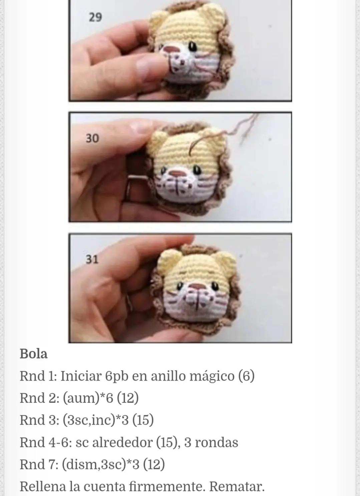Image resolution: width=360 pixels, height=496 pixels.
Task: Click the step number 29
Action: [95, 17]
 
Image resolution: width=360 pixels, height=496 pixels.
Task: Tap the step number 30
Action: [92, 138]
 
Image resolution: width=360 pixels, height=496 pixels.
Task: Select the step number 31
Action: [92, 259]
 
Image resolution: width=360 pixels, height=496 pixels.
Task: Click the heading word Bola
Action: [33, 354]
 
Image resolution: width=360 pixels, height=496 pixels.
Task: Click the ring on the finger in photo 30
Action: [128, 190]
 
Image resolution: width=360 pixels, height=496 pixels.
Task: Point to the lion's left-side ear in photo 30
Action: [158, 139]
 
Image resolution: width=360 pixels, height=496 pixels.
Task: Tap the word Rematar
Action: [237, 487]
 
